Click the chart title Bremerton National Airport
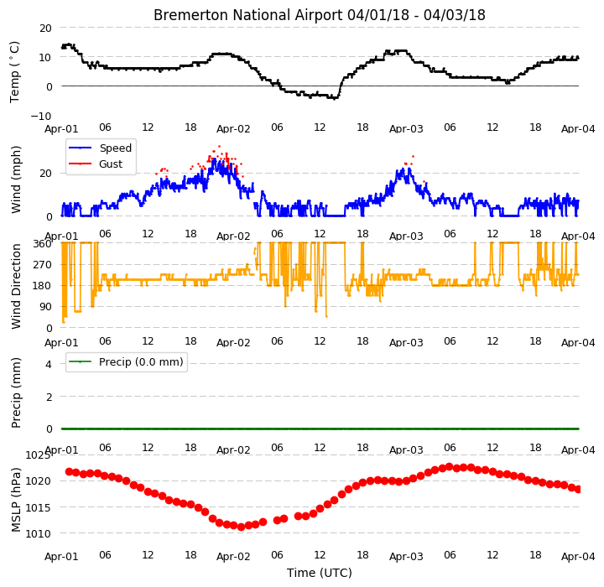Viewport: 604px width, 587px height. pos(247,15)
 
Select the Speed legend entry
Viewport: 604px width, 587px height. pos(100,148)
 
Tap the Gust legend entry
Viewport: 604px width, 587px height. pos(96,164)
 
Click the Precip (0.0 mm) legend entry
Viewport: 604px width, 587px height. pos(126,362)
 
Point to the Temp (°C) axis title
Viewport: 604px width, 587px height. pos(14,72)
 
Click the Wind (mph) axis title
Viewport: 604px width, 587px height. pos(16,179)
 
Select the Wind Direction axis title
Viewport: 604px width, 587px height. pos(16,286)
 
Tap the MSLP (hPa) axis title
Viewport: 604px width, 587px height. pos(16,500)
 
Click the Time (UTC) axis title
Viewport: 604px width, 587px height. pos(320,573)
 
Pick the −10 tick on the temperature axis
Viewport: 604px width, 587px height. pos(41,116)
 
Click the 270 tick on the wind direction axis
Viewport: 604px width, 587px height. pos(43,265)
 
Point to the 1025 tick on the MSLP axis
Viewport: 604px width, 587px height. pos(38,455)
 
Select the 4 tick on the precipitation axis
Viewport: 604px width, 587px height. pos(49,364)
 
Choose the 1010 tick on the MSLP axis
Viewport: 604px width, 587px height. pos(38,534)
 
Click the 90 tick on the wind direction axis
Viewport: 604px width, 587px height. pos(46,307)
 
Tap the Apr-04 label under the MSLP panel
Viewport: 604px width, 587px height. pos(578,557)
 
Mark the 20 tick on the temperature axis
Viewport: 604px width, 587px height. pos(45,29)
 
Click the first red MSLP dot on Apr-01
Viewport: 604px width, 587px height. pos(70,472)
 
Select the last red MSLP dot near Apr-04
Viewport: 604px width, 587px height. pos(577,490)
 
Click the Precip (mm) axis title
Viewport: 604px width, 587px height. pos(16,393)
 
